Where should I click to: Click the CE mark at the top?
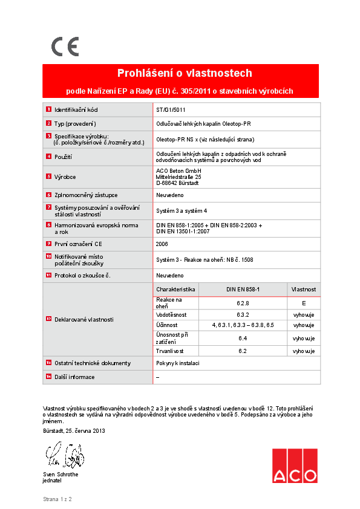pos(64,47)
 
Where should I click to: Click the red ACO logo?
pos(294,465)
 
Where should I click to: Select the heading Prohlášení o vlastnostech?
pos(185,73)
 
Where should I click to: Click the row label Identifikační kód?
pos(76,110)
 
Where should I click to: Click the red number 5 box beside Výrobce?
pos(48,177)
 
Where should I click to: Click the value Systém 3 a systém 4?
pos(182,210)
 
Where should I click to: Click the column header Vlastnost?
pos(303,290)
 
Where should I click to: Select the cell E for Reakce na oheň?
pos(303,303)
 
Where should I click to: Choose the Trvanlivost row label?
pos(170,351)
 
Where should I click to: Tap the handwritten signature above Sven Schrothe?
pos(63,454)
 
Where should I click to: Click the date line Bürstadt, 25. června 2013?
pos(74,431)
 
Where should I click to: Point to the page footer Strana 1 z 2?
pos(57,499)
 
